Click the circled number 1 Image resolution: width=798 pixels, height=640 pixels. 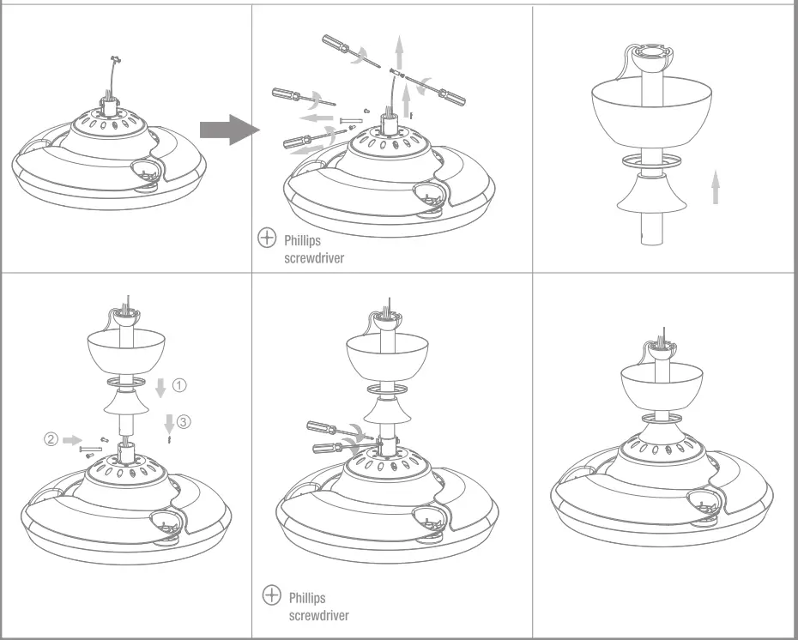179,385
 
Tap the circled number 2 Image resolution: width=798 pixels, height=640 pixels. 51,439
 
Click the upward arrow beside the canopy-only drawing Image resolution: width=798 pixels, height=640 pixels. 715,187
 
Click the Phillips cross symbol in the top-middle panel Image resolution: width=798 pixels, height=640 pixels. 267,238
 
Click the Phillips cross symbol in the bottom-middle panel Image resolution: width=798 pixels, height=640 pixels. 271,595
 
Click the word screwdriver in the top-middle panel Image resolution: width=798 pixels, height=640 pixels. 313,257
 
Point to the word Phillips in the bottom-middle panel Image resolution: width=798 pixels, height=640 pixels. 307,597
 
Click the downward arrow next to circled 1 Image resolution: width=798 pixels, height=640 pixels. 160,388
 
